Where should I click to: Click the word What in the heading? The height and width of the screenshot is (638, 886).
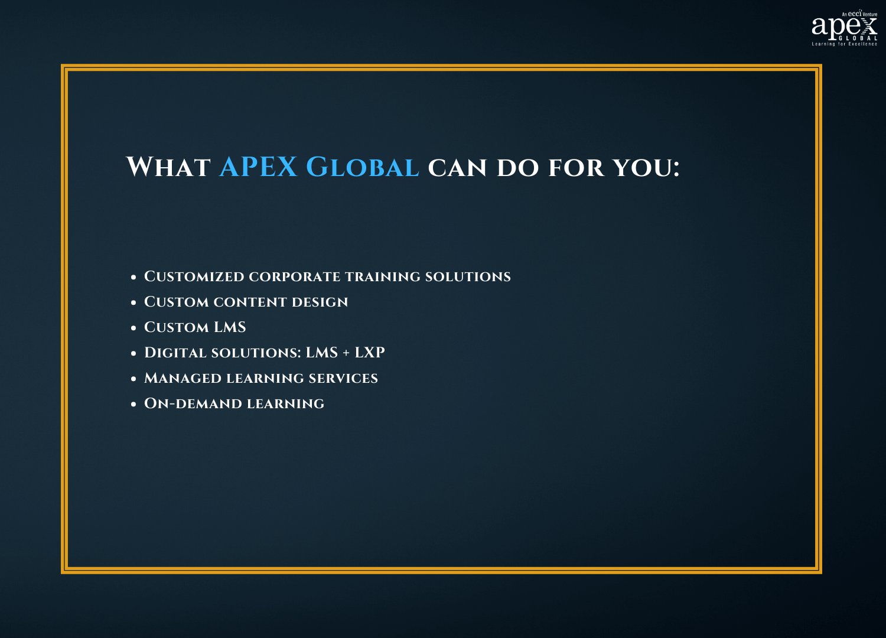168,167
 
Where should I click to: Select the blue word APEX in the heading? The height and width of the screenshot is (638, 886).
258,167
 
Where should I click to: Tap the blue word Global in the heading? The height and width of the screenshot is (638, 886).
362,167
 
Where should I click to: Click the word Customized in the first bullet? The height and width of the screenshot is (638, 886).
194,276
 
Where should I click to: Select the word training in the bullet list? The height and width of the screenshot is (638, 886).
383,277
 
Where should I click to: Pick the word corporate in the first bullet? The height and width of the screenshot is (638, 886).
295,277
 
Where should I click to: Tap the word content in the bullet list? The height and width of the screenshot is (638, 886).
250,302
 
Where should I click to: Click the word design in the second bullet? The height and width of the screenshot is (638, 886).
320,302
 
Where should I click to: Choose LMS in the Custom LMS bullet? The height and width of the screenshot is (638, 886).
230,327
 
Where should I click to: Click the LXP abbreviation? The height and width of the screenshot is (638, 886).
369,353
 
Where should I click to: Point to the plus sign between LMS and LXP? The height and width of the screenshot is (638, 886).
346,353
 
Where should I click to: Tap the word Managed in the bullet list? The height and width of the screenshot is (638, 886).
183,378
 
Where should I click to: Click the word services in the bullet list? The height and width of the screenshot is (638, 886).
343,379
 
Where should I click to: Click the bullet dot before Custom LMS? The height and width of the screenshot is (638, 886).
133,328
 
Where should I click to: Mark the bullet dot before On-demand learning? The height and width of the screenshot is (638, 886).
133,404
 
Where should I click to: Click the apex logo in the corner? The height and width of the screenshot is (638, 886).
845,28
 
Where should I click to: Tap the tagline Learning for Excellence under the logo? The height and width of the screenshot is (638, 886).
845,44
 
